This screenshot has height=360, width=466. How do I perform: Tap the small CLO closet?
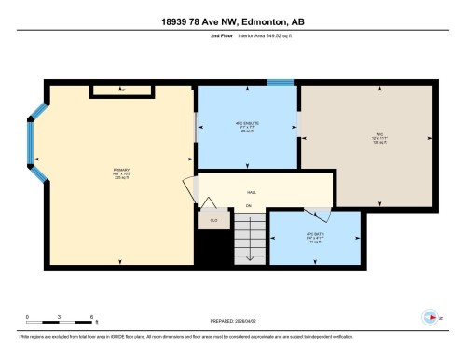click(x=213, y=220)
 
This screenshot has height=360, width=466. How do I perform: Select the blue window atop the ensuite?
click(x=279, y=83)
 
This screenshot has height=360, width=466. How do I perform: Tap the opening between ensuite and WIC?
click(x=298, y=124)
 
